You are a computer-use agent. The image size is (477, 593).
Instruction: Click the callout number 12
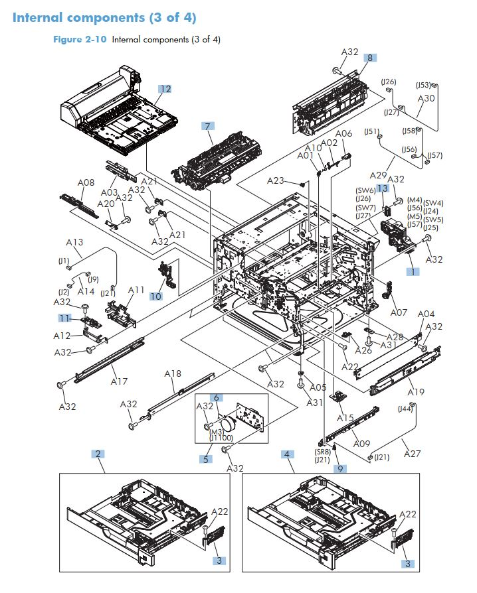(x=164, y=88)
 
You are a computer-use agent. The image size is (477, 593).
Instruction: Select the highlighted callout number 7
(x=208, y=125)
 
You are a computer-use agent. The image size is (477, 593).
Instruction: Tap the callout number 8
(x=369, y=58)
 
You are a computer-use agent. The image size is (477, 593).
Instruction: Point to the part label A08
(x=86, y=182)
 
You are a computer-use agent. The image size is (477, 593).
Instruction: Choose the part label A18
(x=173, y=374)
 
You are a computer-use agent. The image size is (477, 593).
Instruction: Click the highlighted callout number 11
(x=64, y=318)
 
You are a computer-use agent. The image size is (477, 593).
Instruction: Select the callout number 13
(x=382, y=188)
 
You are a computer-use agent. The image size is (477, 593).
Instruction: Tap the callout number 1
(x=412, y=271)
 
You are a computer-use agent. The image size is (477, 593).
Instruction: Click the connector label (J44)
(x=405, y=409)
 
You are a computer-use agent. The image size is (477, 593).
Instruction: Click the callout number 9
(x=340, y=469)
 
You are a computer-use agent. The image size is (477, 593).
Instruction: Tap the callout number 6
(x=217, y=397)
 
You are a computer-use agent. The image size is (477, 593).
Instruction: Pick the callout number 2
(x=98, y=454)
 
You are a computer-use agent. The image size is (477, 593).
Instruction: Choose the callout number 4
(x=287, y=454)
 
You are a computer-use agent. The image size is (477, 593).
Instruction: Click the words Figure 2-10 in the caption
(x=80, y=39)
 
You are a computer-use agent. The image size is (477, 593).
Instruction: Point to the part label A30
(x=426, y=98)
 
